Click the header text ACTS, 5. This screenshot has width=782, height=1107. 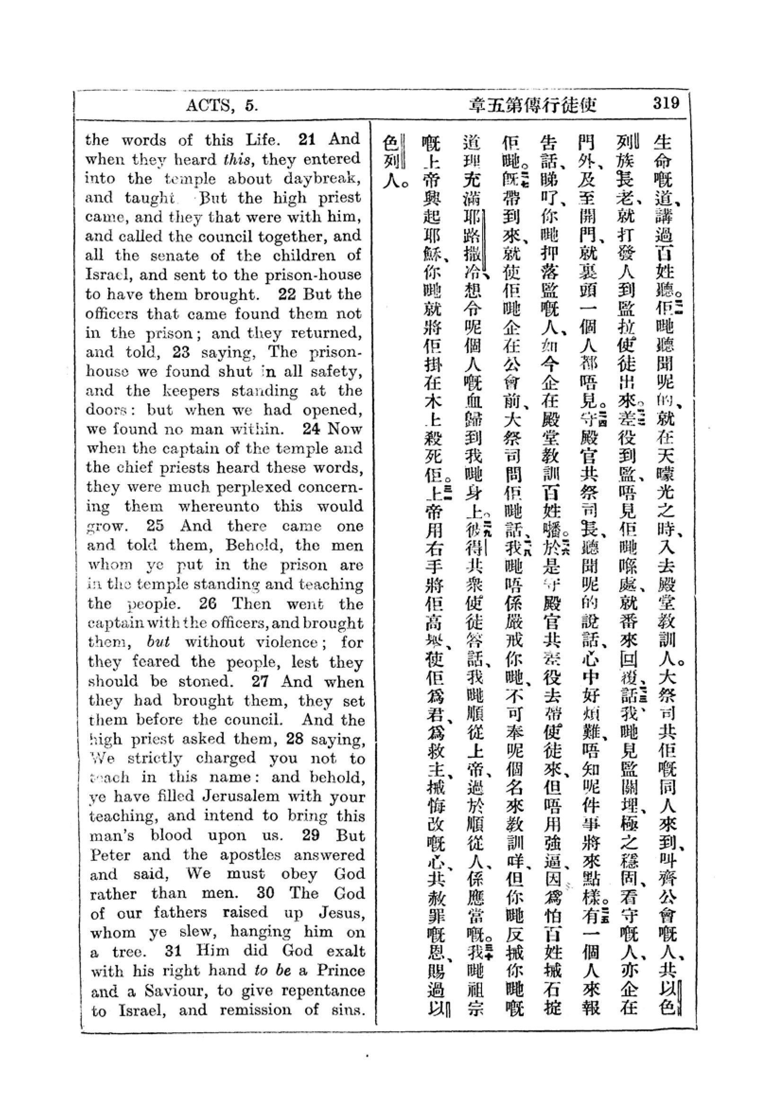point(222,105)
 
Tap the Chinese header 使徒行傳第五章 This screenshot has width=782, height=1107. point(533,104)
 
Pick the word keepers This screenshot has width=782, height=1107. point(187,390)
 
